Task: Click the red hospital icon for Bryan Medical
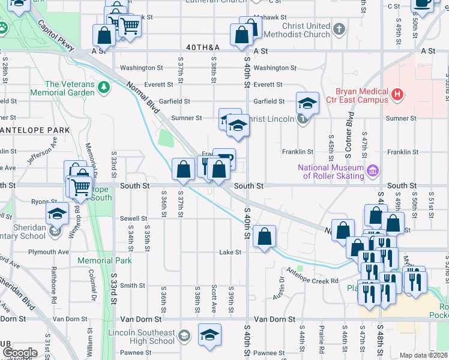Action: (x=397, y=94)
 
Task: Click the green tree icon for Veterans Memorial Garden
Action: (x=104, y=88)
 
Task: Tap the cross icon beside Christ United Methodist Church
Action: (x=339, y=29)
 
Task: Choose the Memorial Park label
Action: (x=104, y=261)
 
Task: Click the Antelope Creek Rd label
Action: (x=318, y=281)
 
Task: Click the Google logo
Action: (x=20, y=353)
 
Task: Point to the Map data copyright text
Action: (x=423, y=355)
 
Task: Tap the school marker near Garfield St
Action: (x=307, y=103)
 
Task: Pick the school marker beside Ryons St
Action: (x=57, y=213)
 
